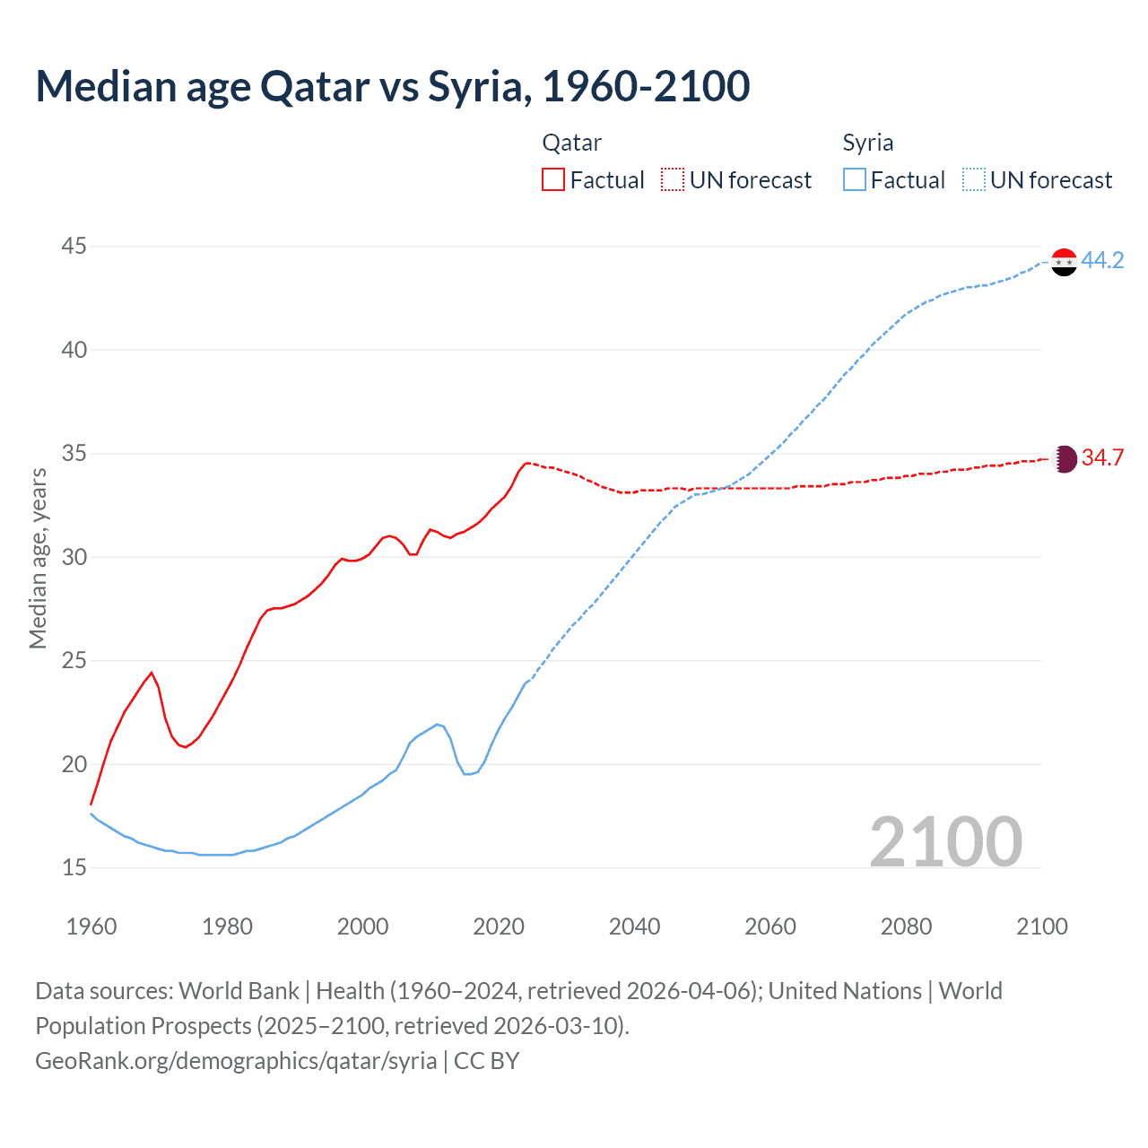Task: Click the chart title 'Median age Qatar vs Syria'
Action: [392, 86]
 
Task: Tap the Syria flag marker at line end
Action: [1063, 262]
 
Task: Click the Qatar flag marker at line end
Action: [1064, 459]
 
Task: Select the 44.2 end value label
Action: [1102, 261]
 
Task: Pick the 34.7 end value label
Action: [1102, 458]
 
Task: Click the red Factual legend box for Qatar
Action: [553, 180]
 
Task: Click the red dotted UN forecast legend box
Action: [673, 180]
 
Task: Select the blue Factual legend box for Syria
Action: [855, 180]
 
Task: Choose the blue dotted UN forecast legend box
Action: [974, 180]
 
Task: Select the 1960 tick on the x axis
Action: [91, 926]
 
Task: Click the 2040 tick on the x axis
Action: [634, 926]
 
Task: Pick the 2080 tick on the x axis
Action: [906, 926]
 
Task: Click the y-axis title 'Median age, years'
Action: [38, 558]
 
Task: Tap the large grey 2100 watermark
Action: [945, 841]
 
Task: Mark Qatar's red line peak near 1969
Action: [152, 673]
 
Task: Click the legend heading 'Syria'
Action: [867, 143]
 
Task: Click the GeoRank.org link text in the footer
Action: [236, 1061]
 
